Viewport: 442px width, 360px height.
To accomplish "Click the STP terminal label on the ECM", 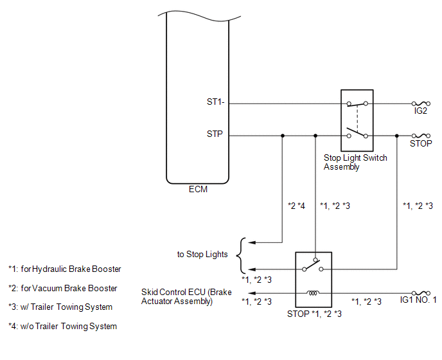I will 215,136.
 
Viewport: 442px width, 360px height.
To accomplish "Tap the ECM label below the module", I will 198,190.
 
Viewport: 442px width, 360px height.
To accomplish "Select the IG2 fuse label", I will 421,111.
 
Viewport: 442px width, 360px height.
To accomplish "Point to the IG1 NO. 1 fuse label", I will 418,300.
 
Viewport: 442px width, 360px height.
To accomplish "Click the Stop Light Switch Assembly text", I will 355,162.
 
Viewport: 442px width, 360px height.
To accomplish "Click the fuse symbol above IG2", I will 421,103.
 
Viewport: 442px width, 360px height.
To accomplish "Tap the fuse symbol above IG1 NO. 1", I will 421,292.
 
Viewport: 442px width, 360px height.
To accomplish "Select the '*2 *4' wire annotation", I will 296,206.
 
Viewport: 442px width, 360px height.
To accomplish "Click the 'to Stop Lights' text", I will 202,255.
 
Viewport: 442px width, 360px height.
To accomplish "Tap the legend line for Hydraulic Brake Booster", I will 64,269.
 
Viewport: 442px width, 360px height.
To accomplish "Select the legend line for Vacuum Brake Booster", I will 62,288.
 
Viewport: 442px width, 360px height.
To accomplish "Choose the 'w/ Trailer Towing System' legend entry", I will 60,307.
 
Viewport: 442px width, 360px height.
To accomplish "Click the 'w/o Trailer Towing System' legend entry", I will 62,327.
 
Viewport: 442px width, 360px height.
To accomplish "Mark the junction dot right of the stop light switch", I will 397,136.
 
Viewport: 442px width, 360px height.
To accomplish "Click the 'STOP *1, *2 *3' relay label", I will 314,314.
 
